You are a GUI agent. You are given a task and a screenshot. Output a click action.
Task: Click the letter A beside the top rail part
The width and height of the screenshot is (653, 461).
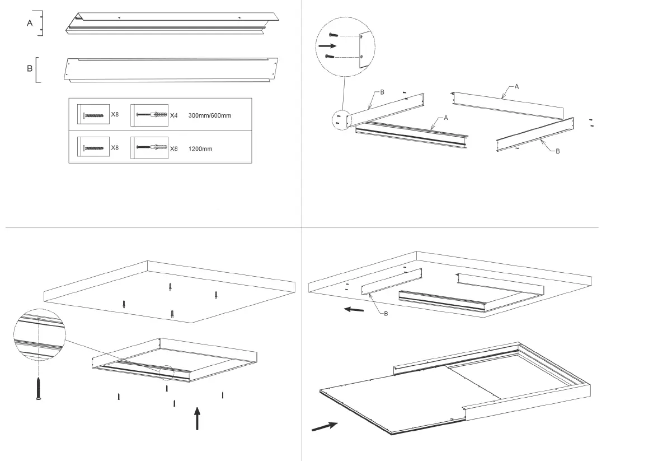[x=30, y=24]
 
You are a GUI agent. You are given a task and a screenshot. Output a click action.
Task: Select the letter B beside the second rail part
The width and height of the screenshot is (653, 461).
[x=30, y=69]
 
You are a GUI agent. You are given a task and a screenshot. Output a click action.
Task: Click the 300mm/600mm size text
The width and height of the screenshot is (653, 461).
[x=210, y=115]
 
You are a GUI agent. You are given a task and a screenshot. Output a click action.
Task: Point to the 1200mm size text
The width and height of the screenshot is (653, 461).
[x=201, y=149]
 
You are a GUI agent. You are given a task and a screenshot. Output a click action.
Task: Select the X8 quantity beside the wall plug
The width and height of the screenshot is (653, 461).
[x=174, y=148]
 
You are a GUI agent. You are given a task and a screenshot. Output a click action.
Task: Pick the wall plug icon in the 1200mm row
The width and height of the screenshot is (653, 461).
[x=149, y=148]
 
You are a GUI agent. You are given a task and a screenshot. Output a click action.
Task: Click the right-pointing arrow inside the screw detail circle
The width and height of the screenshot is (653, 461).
[x=328, y=45]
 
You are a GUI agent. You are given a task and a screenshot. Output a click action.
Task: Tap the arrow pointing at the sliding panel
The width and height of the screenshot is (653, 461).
[x=325, y=426]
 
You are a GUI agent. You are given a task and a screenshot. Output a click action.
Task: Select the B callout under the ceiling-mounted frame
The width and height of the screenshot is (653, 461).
[x=386, y=314]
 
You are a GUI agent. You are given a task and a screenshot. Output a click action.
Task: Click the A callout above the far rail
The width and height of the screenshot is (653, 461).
[x=516, y=86]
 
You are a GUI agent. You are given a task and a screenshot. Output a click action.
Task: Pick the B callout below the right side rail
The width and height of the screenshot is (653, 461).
[x=557, y=151]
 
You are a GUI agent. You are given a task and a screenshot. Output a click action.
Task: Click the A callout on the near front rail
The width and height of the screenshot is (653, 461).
[x=446, y=118]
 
